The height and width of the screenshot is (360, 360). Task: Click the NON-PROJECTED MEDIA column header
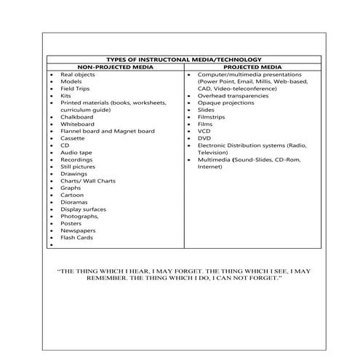click(x=117, y=67)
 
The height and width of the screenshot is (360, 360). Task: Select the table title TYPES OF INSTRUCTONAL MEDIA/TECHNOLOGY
click(x=184, y=60)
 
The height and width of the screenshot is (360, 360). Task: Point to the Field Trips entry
click(x=76, y=89)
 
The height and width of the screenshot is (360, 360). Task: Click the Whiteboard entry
click(x=78, y=124)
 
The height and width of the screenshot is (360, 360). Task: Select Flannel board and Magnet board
click(x=107, y=132)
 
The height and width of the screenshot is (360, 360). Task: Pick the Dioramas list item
click(x=74, y=202)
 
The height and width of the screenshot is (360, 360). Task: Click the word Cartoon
click(x=72, y=195)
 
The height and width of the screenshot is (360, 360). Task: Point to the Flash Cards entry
click(x=76, y=237)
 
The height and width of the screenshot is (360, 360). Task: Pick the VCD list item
click(x=204, y=131)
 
